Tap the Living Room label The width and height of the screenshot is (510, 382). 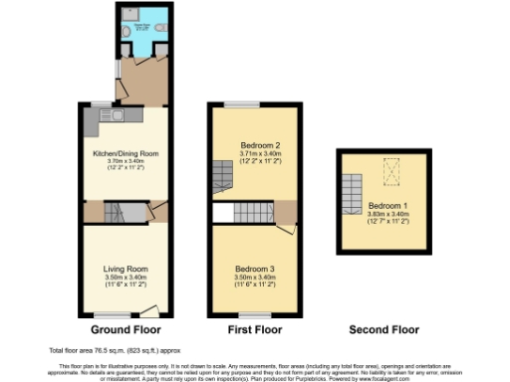coord(126,268)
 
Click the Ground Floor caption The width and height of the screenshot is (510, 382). coord(126,328)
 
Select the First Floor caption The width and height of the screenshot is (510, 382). coord(255,328)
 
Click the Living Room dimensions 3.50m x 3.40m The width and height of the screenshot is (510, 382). coord(126,278)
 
